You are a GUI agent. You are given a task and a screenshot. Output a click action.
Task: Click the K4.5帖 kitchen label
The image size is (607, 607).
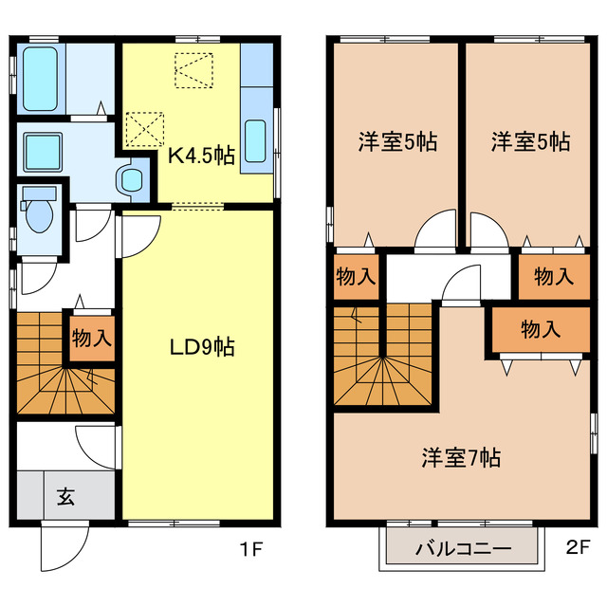201,156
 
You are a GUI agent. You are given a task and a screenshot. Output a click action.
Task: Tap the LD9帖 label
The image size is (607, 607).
202,347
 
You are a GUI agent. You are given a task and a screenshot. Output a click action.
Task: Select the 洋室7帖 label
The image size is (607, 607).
461,458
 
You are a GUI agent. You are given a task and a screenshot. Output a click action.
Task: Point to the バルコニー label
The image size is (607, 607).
463,549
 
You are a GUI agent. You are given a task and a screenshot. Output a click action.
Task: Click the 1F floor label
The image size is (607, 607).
250,548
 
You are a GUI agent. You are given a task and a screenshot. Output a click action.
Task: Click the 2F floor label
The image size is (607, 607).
578,548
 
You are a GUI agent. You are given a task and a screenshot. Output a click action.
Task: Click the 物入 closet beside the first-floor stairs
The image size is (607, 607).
91,338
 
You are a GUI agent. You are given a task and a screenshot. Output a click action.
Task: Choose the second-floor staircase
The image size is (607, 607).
384,357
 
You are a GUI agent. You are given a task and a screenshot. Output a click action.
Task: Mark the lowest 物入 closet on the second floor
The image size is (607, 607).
540,329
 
